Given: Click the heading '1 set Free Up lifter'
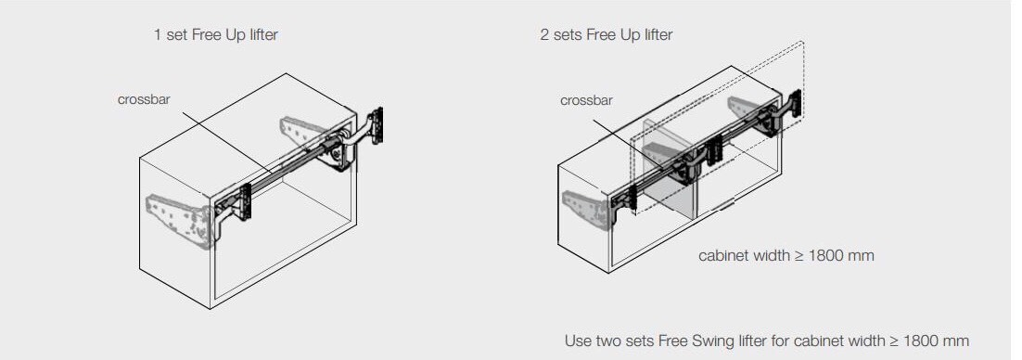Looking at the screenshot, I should click(x=215, y=34).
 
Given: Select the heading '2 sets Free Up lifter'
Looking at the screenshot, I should click(x=606, y=34).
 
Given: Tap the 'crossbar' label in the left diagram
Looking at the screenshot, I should click(x=144, y=99).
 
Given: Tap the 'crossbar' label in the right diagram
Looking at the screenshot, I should click(x=585, y=100).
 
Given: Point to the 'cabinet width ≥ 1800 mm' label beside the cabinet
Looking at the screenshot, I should click(x=786, y=254).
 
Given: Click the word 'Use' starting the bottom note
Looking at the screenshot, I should click(x=578, y=340).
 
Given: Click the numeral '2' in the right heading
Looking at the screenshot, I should click(x=544, y=34).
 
